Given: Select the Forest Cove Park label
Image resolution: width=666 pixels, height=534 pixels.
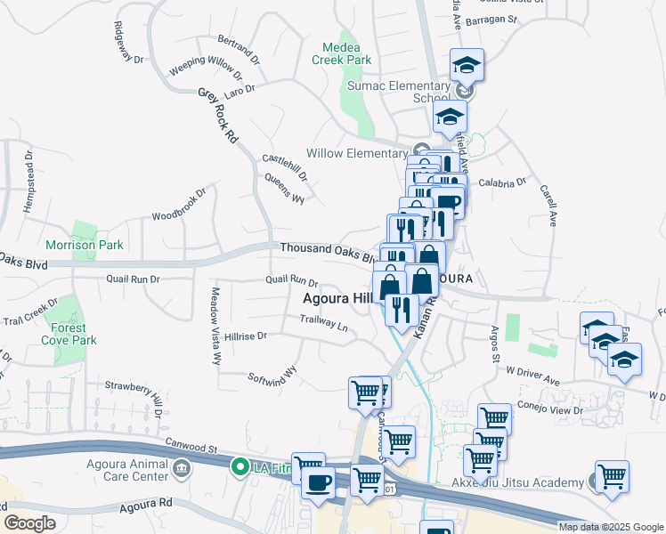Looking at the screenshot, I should click(74, 334).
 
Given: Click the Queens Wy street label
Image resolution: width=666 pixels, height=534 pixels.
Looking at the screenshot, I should click(285, 188).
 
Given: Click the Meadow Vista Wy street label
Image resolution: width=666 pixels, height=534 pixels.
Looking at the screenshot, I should click(215, 326).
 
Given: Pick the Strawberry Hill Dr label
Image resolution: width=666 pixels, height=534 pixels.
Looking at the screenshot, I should click(134, 392).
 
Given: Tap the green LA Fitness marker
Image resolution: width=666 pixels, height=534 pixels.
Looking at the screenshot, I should click(240, 465).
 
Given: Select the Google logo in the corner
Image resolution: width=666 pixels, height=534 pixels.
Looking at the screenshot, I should click(29, 523).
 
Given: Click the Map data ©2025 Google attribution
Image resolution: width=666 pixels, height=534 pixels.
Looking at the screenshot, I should click(611, 527).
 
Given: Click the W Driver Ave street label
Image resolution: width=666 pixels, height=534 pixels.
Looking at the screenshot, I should click(533, 375).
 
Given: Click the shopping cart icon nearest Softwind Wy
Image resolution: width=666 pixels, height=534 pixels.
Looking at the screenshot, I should click(364, 392).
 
